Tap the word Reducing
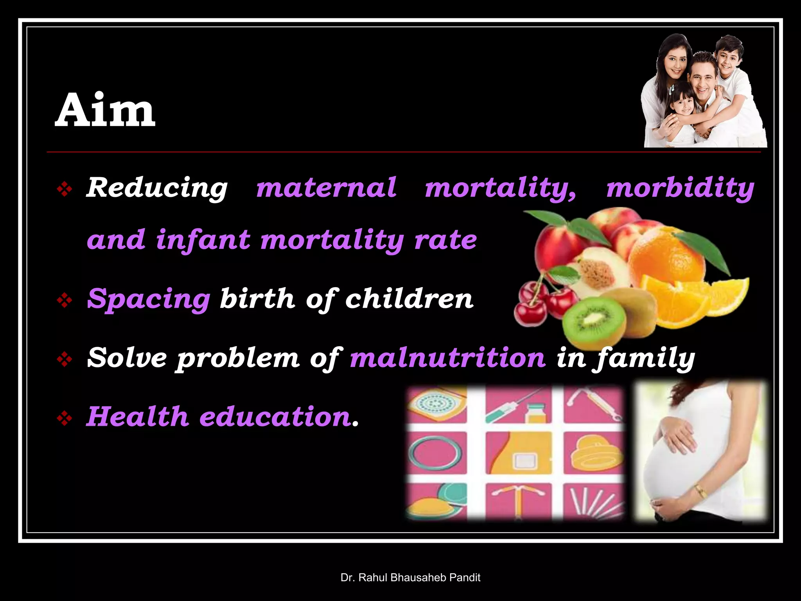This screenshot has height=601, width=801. (157, 188)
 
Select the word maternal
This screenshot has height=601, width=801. (326, 188)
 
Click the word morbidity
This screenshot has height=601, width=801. (680, 188)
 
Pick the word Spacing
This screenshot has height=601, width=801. (149, 299)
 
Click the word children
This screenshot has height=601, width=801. (409, 299)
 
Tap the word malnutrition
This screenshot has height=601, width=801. (447, 358)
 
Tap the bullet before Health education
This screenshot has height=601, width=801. (64, 419)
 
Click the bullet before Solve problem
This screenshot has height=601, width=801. (64, 359)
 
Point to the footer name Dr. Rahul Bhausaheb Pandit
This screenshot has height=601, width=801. (410, 578)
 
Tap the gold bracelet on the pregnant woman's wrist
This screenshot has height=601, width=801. (700, 491)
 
